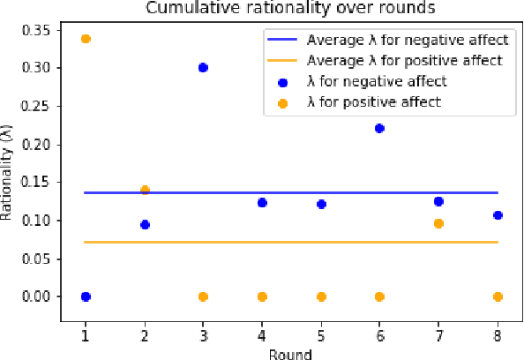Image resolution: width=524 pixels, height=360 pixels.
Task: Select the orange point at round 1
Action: (86, 39)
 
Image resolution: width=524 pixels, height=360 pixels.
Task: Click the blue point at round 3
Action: (203, 67)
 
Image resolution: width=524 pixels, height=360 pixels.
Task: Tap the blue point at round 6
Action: (379, 128)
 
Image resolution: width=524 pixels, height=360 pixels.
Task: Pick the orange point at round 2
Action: (145, 190)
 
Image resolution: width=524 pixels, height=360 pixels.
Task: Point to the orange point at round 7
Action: (438, 223)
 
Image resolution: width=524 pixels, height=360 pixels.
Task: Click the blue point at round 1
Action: (86, 296)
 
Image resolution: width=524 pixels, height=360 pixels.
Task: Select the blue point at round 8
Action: (498, 215)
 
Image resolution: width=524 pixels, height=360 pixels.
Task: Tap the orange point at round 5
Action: (321, 296)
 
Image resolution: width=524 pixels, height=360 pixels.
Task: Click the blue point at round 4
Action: (262, 203)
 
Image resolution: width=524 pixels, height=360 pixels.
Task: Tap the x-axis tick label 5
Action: (321, 336)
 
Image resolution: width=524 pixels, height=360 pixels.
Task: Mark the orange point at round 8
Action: (498, 296)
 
